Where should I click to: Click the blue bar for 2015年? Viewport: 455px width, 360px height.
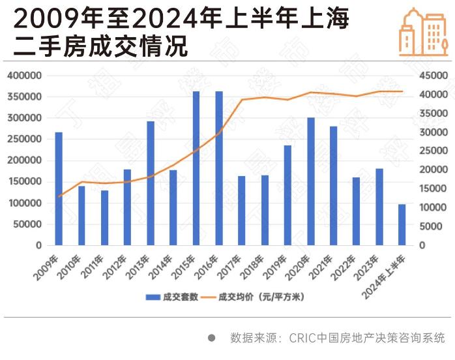[196, 169]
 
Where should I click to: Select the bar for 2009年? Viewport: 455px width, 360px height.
[59, 189]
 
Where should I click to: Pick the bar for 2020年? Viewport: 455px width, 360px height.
[310, 182]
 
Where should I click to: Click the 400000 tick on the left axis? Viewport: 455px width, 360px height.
[24, 76]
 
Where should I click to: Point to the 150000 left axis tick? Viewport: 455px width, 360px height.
[24, 182]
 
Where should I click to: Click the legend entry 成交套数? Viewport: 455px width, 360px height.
[171, 297]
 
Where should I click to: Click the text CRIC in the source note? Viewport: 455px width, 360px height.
[302, 338]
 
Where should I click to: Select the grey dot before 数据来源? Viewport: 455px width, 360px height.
[211, 338]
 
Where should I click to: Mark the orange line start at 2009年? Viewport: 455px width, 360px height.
[59, 197]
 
